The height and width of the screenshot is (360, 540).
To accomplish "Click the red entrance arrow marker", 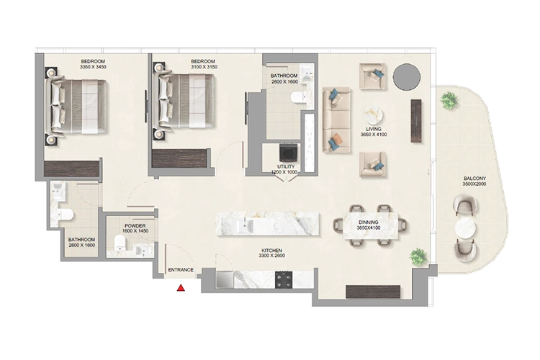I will pos(181,289).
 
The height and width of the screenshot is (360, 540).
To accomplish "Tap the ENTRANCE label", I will pos(181,270).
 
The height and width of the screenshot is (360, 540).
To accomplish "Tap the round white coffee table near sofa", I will pos(373,116).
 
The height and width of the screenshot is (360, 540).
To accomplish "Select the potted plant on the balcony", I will pos(450,101).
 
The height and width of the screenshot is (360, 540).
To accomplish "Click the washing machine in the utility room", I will pos(288,153).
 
